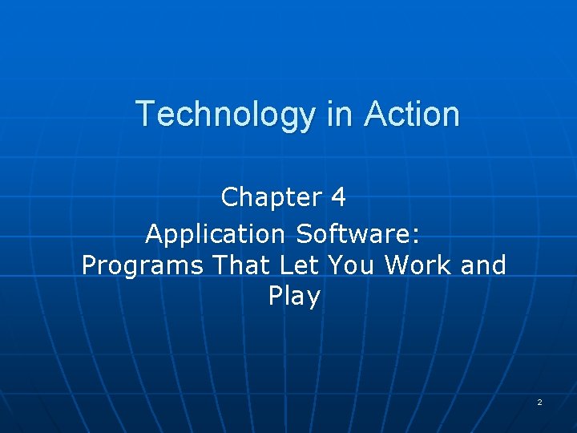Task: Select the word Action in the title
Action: (412, 114)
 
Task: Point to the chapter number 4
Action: (338, 196)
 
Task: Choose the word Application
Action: (215, 235)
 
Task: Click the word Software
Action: (354, 234)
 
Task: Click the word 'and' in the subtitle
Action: (484, 265)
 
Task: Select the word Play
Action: (294, 297)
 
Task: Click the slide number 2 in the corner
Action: (539, 402)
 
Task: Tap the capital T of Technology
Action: (145, 114)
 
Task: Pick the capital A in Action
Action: (374, 114)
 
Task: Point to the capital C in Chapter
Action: (230, 196)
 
